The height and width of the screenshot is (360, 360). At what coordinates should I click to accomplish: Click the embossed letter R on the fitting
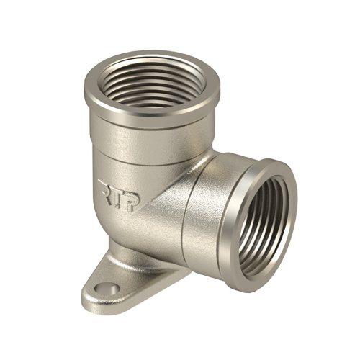click(x=105, y=192)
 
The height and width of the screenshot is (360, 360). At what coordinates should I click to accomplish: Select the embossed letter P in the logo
click(x=132, y=201)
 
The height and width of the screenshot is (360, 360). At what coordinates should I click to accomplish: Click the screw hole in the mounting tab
click(x=107, y=289)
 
